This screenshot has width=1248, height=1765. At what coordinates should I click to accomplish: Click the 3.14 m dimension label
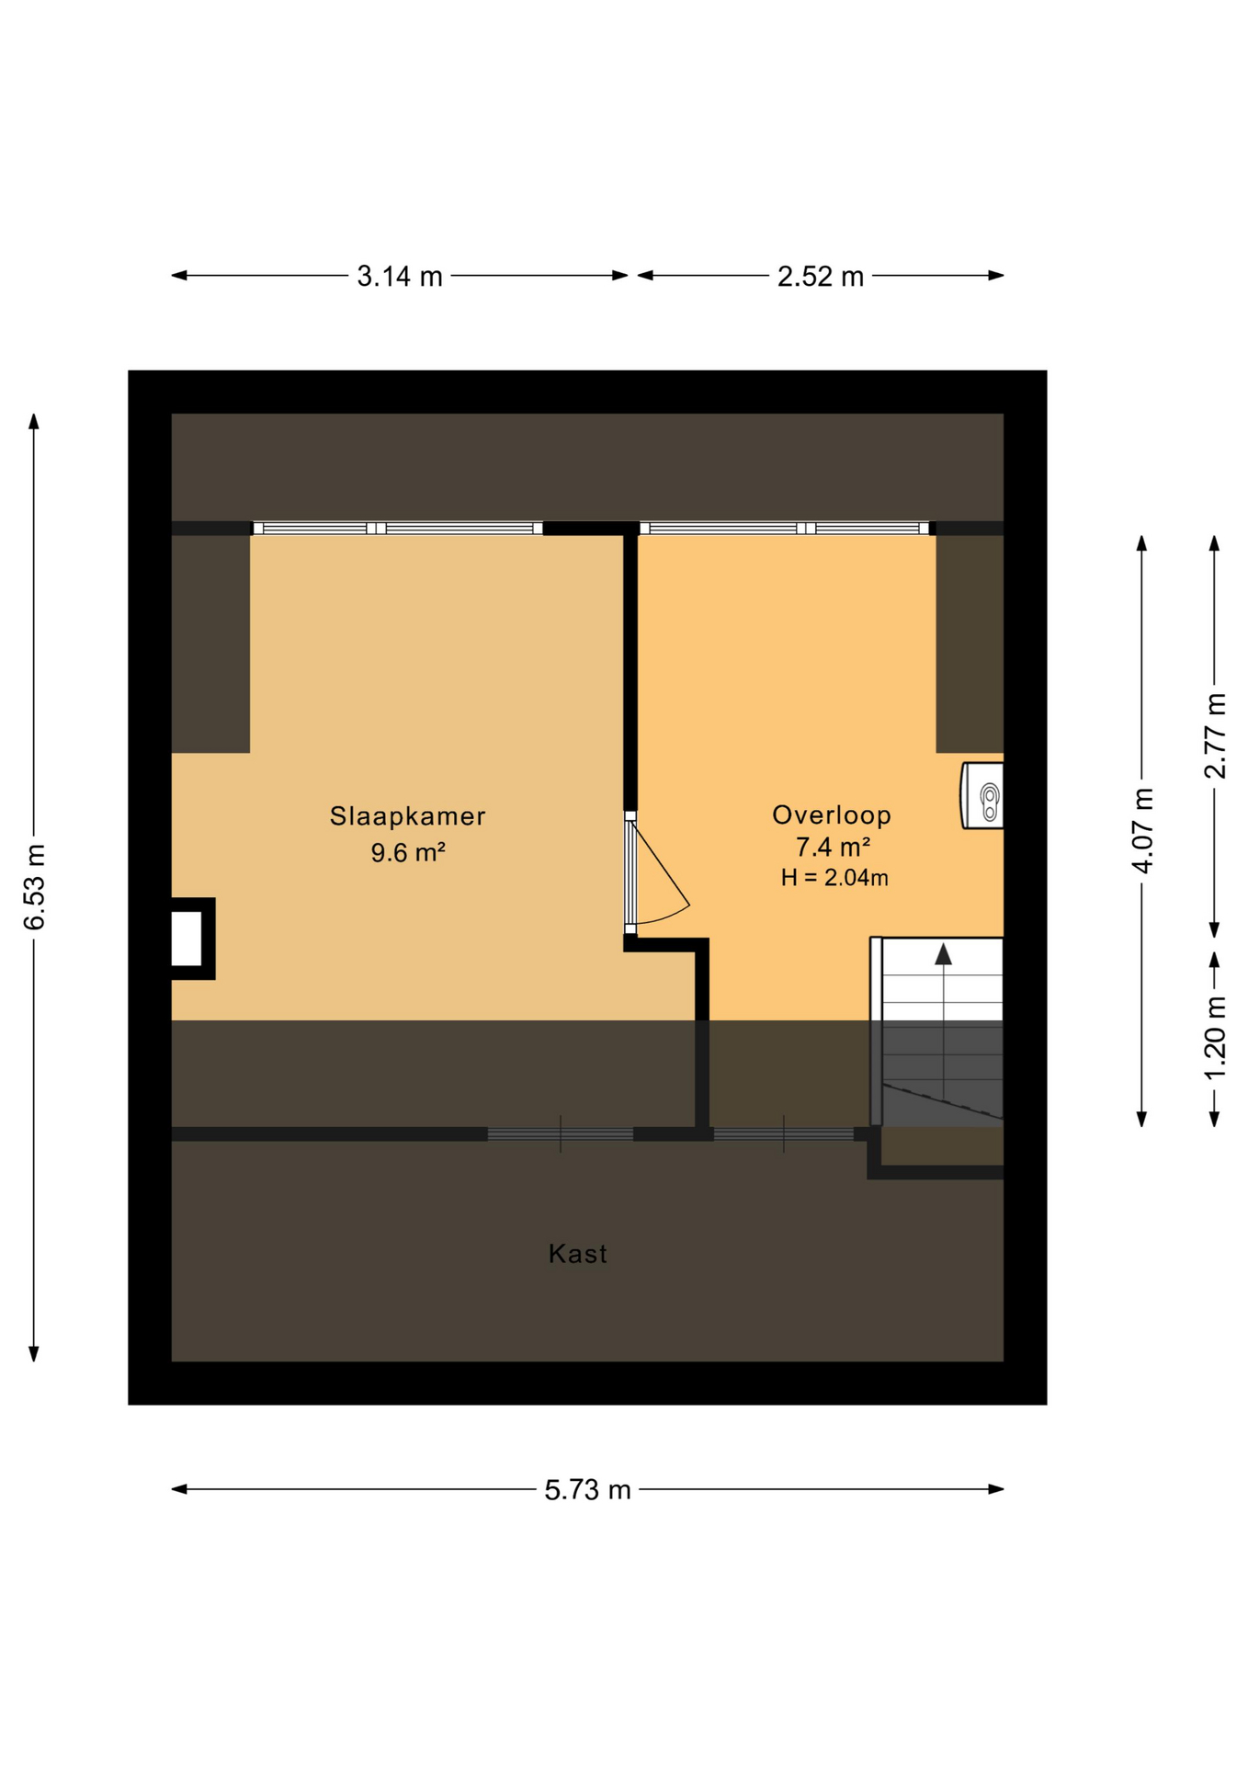(x=400, y=276)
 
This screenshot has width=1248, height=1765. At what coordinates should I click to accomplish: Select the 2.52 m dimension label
(x=821, y=276)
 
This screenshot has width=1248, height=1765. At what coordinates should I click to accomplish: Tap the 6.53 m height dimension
(x=34, y=887)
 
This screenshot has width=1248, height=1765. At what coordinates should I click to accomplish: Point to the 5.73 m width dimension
(x=587, y=1489)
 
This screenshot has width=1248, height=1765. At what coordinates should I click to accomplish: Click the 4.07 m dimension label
(x=1142, y=830)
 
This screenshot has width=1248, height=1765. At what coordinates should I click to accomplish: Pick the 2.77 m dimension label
(x=1215, y=735)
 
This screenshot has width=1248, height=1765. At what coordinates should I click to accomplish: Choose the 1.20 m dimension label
(x=1215, y=1038)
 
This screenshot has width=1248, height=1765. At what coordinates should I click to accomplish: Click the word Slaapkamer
(x=408, y=815)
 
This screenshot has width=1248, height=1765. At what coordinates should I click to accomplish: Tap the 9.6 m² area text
(x=408, y=852)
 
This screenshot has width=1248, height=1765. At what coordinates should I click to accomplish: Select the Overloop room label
(x=832, y=814)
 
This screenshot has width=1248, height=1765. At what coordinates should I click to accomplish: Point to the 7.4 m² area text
(x=833, y=846)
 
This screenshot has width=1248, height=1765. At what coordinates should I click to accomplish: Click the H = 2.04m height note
(x=834, y=878)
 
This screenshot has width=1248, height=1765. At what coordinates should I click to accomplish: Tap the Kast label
(x=578, y=1254)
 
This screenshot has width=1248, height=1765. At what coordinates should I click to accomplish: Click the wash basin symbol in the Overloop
(x=982, y=795)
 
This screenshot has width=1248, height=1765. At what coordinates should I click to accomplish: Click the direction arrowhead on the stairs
(x=944, y=954)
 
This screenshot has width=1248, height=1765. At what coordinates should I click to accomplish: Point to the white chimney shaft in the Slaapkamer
(x=187, y=939)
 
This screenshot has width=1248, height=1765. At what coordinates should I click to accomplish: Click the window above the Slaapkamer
(x=397, y=528)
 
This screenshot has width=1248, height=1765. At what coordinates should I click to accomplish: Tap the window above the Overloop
(x=785, y=528)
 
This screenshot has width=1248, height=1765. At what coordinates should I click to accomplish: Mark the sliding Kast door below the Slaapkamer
(x=561, y=1134)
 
